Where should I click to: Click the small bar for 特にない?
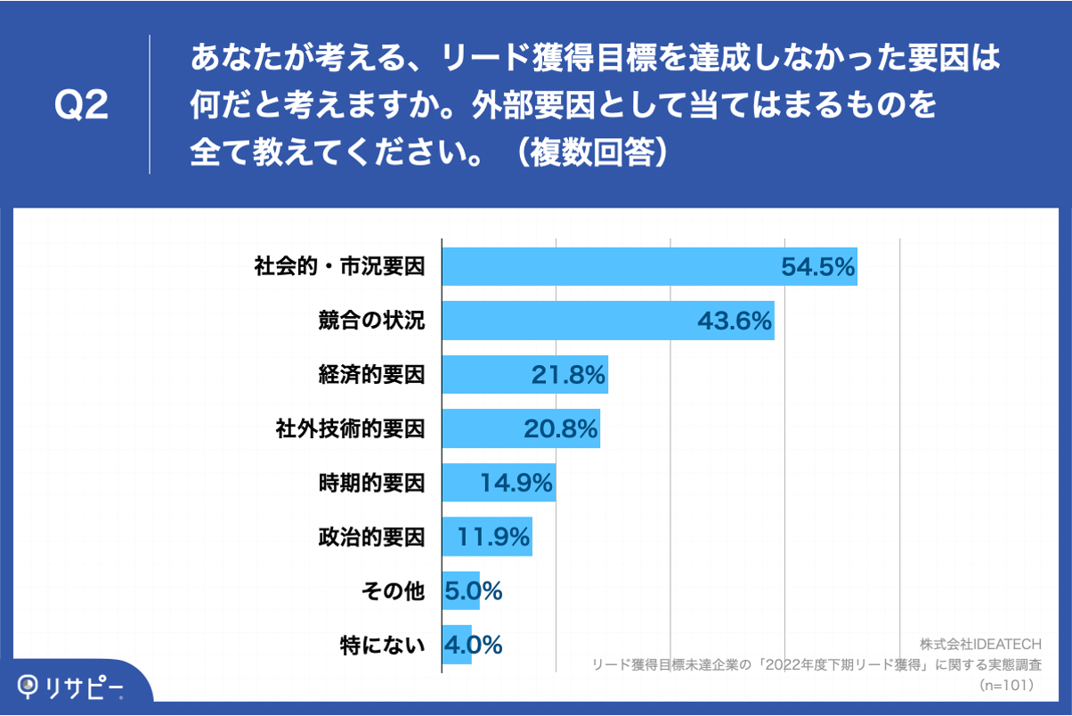[457, 644]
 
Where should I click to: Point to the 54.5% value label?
[817, 266]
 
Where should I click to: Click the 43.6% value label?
[735, 321]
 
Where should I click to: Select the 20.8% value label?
[560, 429]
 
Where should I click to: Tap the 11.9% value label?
[494, 537]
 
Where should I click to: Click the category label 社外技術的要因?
[350, 429]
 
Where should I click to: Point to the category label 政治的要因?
[371, 537]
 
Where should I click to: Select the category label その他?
[393, 590]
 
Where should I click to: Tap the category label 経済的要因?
[371, 375]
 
